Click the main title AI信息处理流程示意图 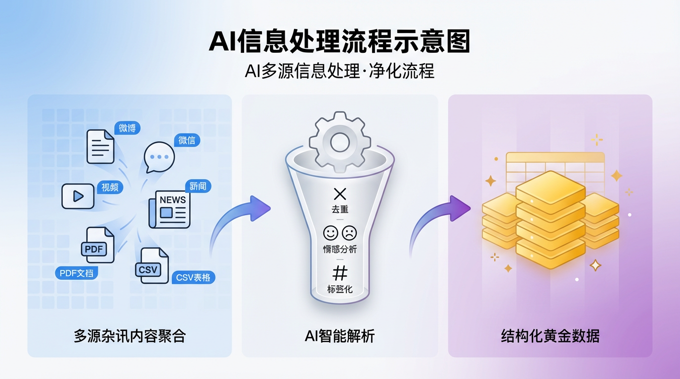coord(339,41)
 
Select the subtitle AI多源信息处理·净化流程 coord(340,71)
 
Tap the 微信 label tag coord(187,140)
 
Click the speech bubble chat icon coord(159,157)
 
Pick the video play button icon coord(78,196)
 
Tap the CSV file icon coord(152,266)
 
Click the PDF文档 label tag coord(76,273)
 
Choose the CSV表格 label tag coord(193,277)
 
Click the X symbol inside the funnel coord(340,193)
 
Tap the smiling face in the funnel coord(330,232)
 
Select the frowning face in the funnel coord(349,232)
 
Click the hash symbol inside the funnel coord(340,272)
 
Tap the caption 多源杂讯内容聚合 coord(129,337)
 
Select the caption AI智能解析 coord(340,337)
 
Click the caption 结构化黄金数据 coord(550,337)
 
